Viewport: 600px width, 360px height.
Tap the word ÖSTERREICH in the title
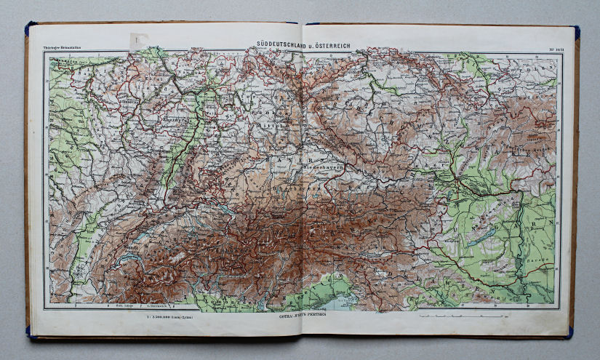(330, 45)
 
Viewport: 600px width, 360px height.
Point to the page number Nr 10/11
(551, 50)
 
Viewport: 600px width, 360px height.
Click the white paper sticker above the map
(138, 41)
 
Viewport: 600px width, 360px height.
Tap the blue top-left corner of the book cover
(30, 28)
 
